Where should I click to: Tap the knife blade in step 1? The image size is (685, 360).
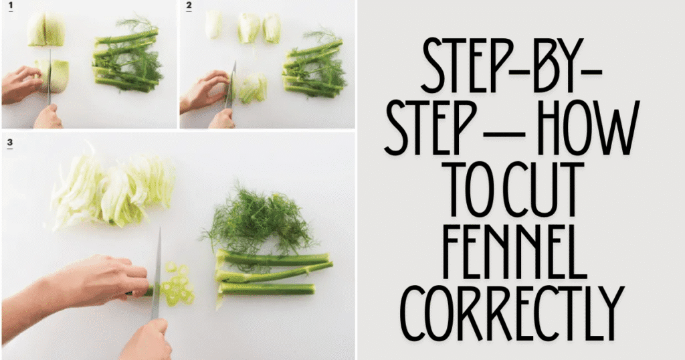(x=50, y=77)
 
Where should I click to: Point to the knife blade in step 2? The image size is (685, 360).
(x=232, y=84)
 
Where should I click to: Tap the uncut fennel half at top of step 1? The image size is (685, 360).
(x=45, y=30)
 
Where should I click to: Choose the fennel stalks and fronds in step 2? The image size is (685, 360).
(x=313, y=64)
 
